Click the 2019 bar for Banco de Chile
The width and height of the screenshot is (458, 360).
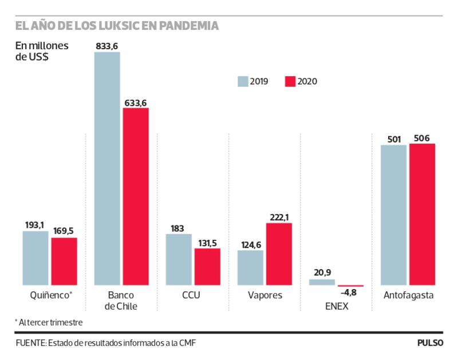107,168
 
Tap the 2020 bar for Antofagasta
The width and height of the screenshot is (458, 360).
423,214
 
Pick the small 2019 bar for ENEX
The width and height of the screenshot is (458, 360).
322,282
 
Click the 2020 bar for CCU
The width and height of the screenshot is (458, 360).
207,266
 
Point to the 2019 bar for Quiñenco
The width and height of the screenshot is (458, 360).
35,258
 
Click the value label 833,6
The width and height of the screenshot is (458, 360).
107,45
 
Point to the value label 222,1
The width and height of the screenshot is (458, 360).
279,217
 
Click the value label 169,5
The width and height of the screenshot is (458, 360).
64,232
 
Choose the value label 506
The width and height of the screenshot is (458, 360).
422,138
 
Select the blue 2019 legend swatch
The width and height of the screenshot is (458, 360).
243,81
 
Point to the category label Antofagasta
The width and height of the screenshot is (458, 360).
408,296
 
